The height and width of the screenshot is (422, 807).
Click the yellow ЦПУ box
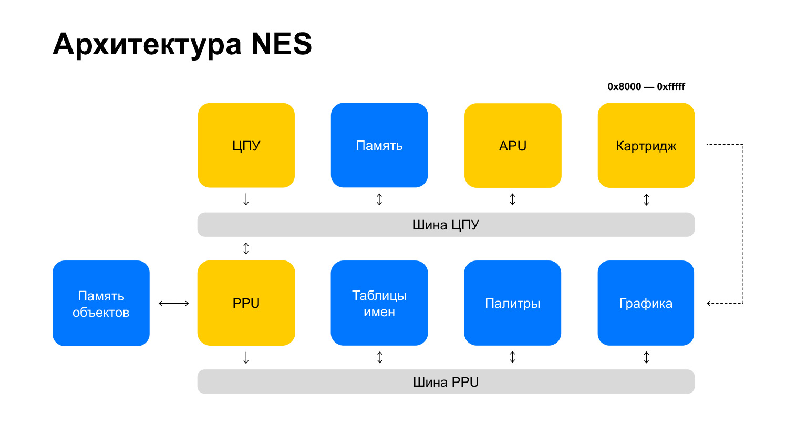(x=246, y=145)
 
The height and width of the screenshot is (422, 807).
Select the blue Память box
(x=379, y=145)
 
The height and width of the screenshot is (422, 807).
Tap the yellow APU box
(x=513, y=145)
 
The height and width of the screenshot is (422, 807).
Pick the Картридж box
(x=646, y=145)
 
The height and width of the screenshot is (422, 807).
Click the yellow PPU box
(x=246, y=303)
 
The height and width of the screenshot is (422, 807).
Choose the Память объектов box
(x=101, y=303)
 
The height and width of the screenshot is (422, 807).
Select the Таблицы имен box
(x=379, y=303)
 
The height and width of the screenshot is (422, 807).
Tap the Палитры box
(x=513, y=303)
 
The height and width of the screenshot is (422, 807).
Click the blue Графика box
(x=646, y=303)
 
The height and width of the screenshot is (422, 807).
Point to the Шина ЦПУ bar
(x=446, y=225)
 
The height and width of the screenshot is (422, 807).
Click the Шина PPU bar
(x=446, y=381)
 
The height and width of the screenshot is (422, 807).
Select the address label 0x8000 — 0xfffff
(x=646, y=87)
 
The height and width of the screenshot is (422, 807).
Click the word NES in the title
(x=282, y=44)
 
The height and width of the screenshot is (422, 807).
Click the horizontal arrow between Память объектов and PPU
(x=174, y=303)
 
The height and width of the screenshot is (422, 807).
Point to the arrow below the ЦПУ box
(x=246, y=199)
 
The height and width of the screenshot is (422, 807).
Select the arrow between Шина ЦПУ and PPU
(x=246, y=248)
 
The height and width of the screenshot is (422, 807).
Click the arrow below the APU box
(x=513, y=199)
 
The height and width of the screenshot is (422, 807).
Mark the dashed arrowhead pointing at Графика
(x=709, y=303)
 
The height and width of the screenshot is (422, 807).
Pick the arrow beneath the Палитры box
(x=513, y=357)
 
